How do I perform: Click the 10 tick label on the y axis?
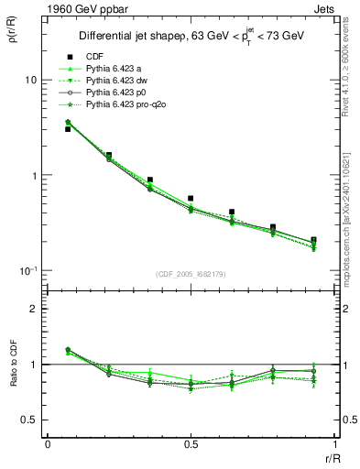pos(30,81)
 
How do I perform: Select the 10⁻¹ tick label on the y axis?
pos(27,270)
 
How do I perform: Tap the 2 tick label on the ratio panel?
pos(34,309)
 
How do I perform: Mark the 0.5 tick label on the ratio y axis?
pos(29,420)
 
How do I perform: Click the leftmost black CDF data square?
pos(68,129)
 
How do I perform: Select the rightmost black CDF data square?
pos(314,240)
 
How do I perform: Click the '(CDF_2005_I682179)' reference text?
pos(192,273)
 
